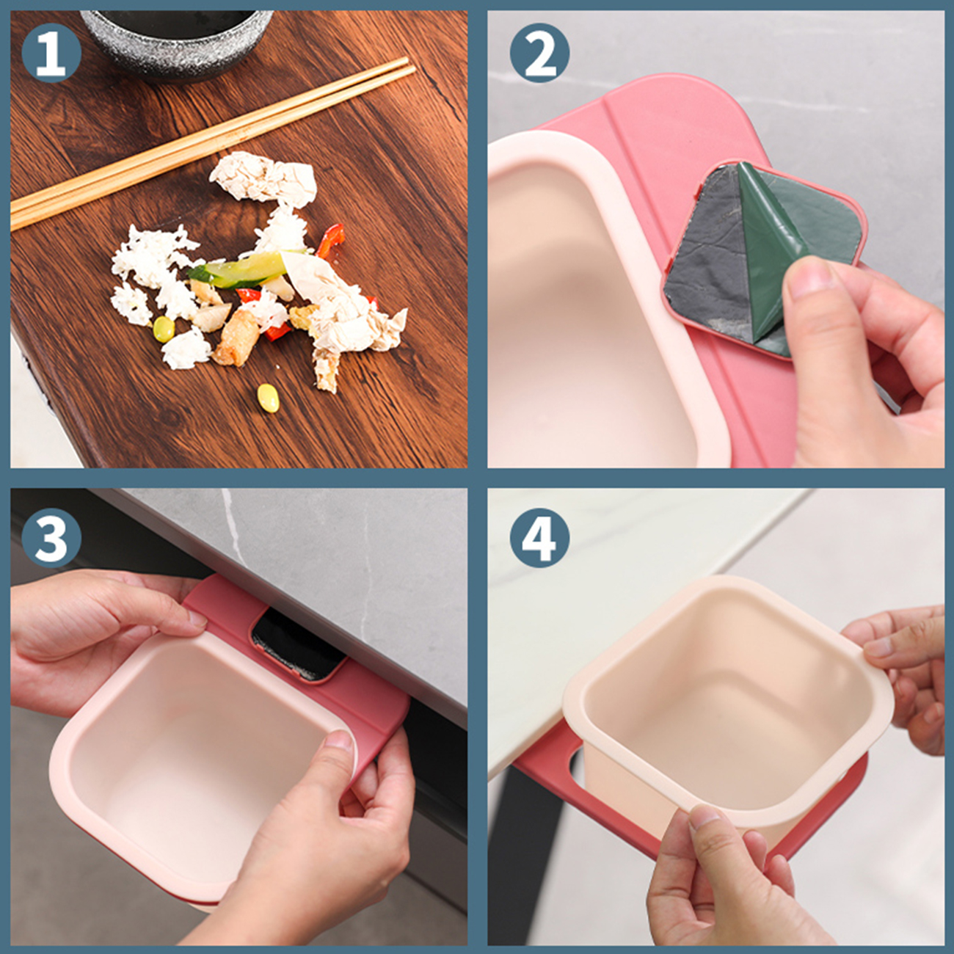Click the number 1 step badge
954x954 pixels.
click(x=51, y=52)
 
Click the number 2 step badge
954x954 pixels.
click(x=539, y=52)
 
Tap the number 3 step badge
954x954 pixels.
click(x=51, y=539)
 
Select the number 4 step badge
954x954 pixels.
click(x=539, y=539)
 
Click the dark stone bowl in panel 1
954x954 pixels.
click(x=177, y=40)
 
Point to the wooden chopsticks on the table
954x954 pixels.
click(x=213, y=144)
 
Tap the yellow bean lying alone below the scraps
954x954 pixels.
click(x=268, y=398)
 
